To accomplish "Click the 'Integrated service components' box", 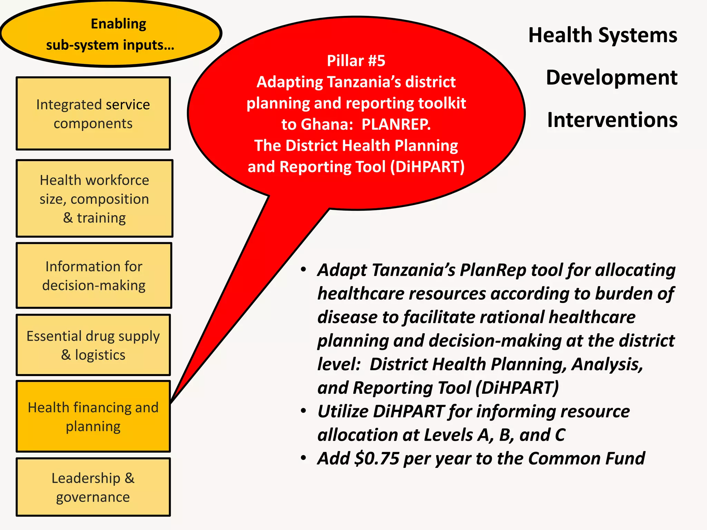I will coord(93,114).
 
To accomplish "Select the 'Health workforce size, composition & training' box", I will coord(94,198).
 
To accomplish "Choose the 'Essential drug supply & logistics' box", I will coord(93,345).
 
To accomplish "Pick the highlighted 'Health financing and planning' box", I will coord(93,416).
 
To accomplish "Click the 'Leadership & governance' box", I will coord(93,487).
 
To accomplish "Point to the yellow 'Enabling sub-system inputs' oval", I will coord(110,34).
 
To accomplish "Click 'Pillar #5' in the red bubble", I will coord(356,61).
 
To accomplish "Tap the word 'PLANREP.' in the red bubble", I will coord(396,125).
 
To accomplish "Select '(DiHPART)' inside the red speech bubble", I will coord(427,167).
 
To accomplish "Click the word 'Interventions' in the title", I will coord(612,120).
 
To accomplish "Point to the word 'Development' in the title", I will coord(611,78).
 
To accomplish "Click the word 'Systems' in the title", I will coord(638,35).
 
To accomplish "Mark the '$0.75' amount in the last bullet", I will coord(377,459).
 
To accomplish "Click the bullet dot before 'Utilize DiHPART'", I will coord(303,411).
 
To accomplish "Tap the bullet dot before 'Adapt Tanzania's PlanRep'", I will coord(303,269).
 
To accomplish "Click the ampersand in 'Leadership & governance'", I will coord(129,478).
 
